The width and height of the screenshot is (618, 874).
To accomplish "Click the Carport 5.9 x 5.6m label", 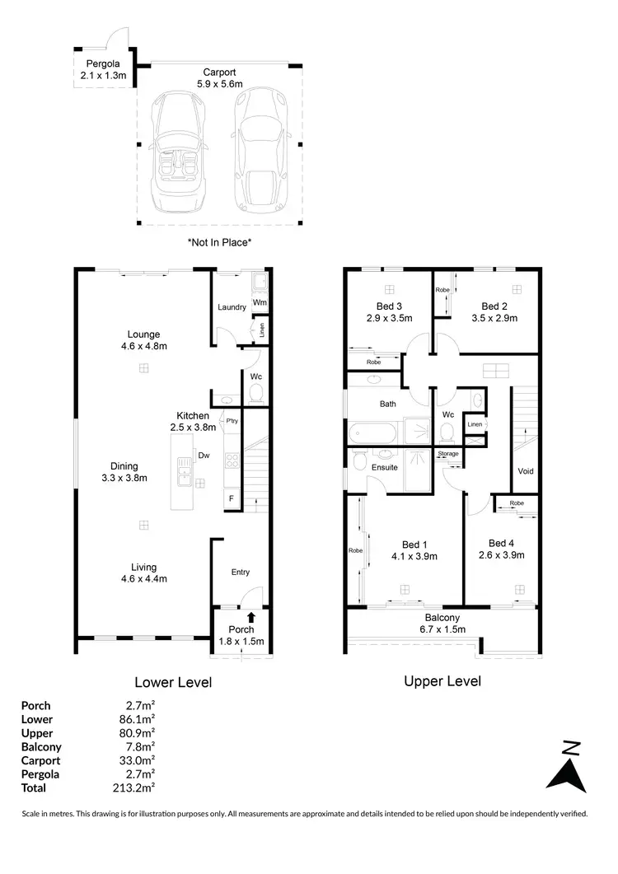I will pos(219,78).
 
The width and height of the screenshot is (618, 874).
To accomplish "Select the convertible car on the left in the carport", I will pos(176,151).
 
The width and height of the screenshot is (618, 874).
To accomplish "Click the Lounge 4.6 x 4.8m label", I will pos(143,340).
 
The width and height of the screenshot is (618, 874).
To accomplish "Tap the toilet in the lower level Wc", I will pos(255,393).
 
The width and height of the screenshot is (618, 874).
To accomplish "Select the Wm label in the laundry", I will pos(260,302).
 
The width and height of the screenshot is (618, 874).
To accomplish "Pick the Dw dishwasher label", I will pos(203,455).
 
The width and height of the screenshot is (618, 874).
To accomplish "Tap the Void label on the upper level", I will pos(525,471).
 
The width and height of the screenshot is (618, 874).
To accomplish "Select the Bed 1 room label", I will pos(414,549).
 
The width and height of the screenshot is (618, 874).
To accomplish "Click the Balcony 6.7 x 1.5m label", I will pos(442,623).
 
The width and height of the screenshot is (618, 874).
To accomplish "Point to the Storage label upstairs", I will pos(447,454).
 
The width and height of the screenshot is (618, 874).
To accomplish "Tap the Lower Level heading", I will pos(173,682).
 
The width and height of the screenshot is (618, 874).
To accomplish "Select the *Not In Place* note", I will pos(219,242).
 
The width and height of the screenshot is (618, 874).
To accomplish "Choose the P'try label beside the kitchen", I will pos(232,421).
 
